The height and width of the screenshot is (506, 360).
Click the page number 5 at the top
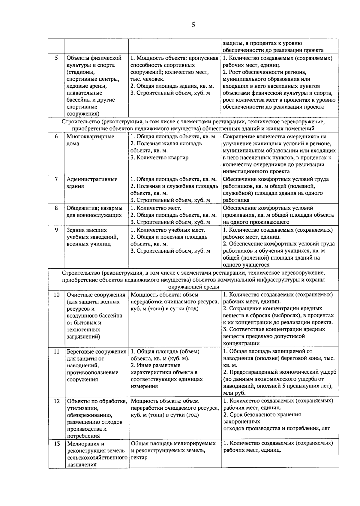pos(193,25)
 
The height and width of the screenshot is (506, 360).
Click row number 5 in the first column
pos(56,58)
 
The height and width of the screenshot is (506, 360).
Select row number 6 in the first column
pos(56,136)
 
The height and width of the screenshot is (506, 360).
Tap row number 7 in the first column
pos(56,179)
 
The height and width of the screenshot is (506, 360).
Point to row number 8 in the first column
pos(56,208)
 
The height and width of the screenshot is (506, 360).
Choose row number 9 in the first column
pos(56,230)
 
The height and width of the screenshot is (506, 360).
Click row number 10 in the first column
pos(56,295)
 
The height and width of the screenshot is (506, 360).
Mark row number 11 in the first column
pos(56,351)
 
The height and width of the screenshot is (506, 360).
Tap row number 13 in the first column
pos(56,444)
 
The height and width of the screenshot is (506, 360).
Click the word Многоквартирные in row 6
pos(90,137)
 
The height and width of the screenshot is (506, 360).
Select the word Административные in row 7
pos(92,179)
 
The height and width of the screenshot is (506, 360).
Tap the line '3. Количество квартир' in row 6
pos(159,158)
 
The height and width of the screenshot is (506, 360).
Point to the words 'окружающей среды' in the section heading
pos(193,287)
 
